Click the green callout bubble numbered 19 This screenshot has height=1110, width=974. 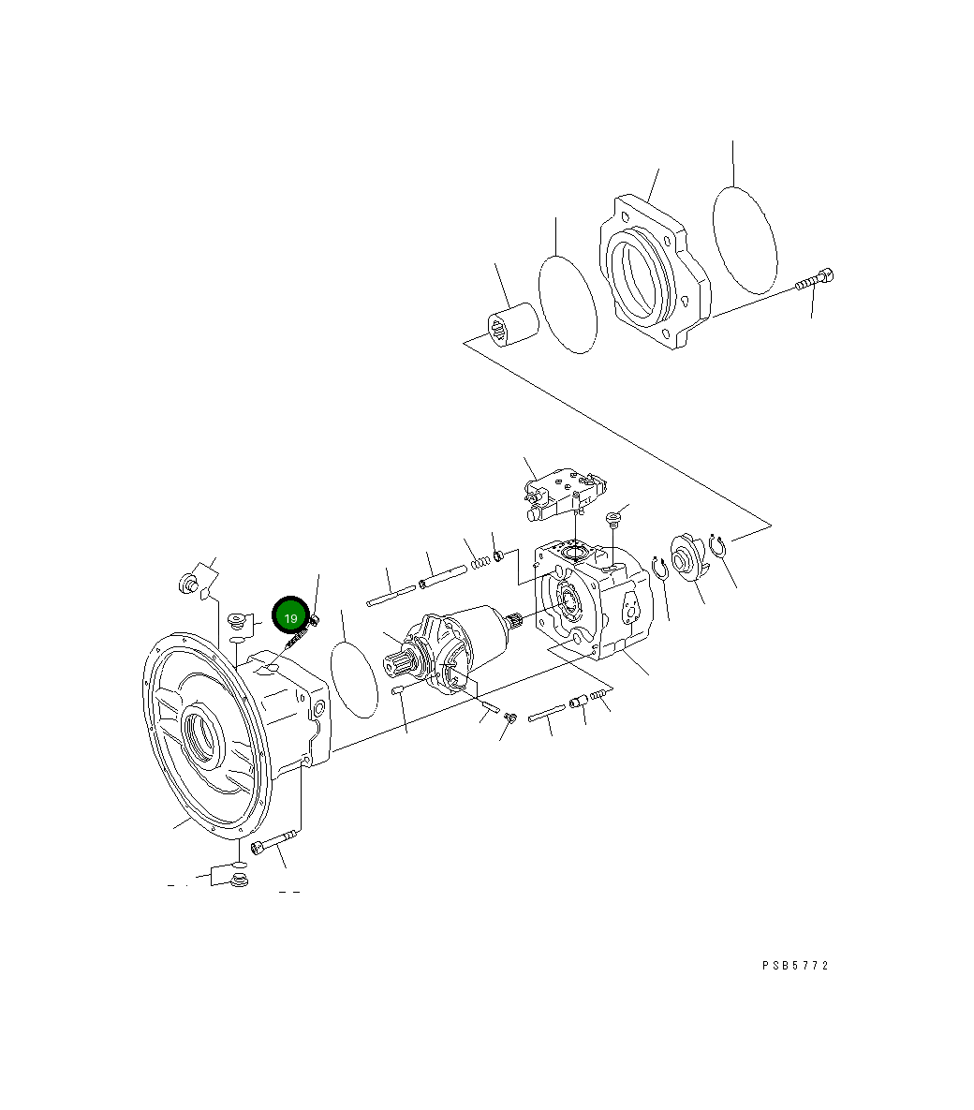click(290, 617)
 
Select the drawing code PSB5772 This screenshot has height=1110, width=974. click(795, 966)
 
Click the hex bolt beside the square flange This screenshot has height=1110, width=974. click(816, 279)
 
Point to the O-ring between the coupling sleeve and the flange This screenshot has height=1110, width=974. click(568, 304)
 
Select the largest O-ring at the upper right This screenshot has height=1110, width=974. click(745, 238)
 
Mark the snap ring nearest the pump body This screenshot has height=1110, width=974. click(660, 567)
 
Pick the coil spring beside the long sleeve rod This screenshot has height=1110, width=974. click(480, 560)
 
